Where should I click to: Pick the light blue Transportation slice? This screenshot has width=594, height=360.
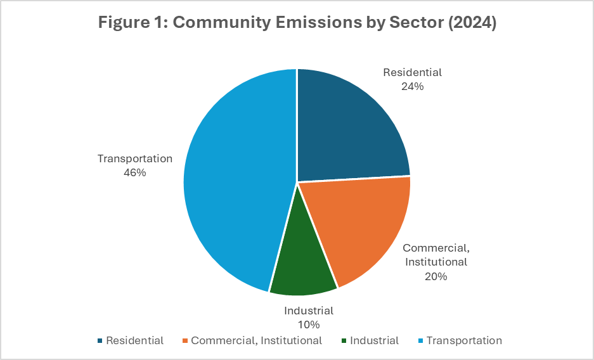coord(235,184)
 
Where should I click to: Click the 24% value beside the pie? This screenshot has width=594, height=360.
coord(412,86)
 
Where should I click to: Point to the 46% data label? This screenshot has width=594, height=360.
coord(134,172)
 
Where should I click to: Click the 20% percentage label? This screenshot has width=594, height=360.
coord(436,276)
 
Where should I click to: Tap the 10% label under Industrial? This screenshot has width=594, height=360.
coord(309,325)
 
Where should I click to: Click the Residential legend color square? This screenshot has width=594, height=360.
coord(100,341)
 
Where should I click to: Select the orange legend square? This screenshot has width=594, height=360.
coord(184,341)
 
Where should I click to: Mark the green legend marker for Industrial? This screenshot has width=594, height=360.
coord(343,341)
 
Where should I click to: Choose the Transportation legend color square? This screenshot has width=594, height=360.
coord(420,341)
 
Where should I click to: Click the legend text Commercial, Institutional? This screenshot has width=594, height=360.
coord(256,341)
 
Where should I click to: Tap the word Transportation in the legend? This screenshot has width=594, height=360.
coord(464,341)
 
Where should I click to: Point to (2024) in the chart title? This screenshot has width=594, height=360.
coord(472,23)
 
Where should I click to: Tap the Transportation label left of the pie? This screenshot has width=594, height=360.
coord(134,158)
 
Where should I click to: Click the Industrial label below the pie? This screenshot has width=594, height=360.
coord(309,311)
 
